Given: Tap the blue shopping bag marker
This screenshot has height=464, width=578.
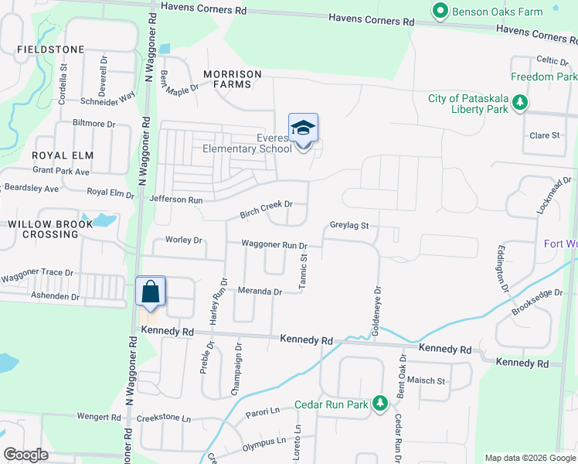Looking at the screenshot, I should (x=151, y=292).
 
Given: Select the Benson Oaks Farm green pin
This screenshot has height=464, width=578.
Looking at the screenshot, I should (x=440, y=12).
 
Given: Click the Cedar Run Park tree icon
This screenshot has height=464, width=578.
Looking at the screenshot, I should (x=379, y=404).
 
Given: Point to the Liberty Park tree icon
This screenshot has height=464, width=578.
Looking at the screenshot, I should (x=520, y=103).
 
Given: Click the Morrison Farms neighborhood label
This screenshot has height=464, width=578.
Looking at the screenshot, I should (x=232, y=73).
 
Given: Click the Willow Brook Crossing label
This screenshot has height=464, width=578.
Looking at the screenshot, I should (x=50, y=229).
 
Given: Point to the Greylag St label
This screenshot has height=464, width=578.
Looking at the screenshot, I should (x=349, y=226).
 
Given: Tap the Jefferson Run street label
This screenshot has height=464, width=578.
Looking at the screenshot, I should (x=176, y=200).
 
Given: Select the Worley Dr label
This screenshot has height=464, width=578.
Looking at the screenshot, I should (x=184, y=240).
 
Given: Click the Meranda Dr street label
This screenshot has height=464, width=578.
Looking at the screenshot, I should (x=260, y=292).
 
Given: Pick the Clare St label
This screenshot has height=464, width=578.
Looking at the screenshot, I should (x=544, y=135).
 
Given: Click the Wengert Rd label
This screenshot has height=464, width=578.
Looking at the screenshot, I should (x=99, y=417).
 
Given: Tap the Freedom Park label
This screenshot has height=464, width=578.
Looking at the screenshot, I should (x=544, y=77).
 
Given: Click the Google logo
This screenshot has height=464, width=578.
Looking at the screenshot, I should (x=26, y=455).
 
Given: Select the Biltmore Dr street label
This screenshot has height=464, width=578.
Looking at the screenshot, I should (x=93, y=123).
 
